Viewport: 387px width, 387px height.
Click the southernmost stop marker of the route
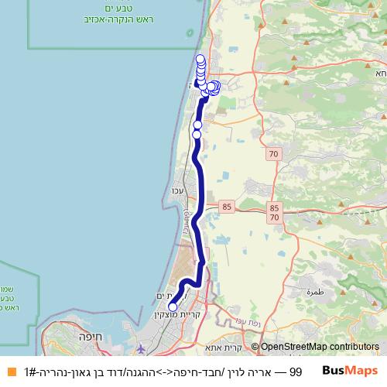coord(172,306)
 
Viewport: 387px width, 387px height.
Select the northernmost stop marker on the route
coord(200,59)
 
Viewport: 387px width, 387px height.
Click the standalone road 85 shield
coord(226,207)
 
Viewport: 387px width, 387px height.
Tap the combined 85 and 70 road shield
coord(275,213)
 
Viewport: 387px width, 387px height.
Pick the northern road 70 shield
coord(273,155)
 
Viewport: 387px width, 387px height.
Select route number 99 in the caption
coord(295,372)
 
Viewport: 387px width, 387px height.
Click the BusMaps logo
coord(350,371)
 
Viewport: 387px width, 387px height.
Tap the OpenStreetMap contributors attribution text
coord(320,348)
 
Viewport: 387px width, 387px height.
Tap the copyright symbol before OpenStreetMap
coord(255,348)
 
